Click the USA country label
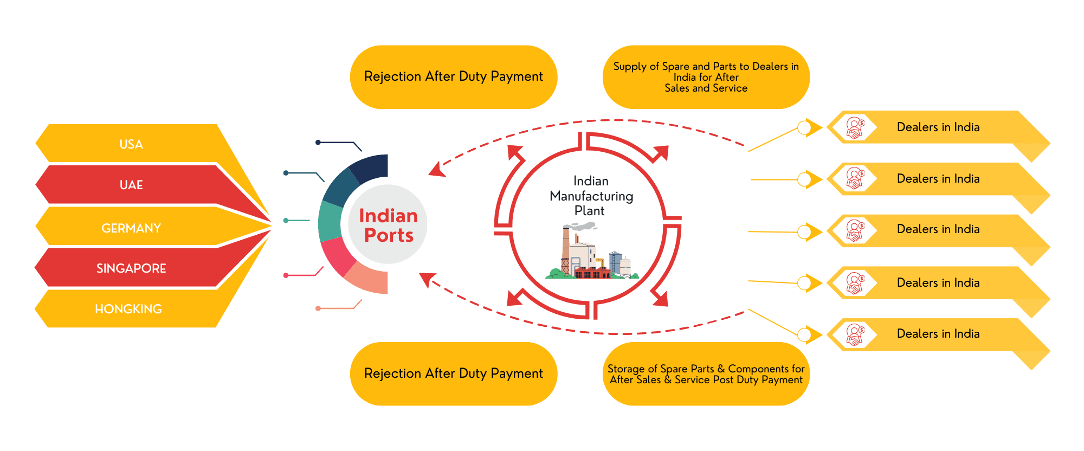[x=131, y=144]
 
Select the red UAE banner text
[x=131, y=185]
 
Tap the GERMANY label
[x=131, y=228]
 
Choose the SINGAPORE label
[x=131, y=268]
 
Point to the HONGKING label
[x=128, y=309]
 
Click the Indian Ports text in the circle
[x=388, y=225]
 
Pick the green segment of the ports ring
[x=330, y=222]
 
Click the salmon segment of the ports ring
[x=370, y=279]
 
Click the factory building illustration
[x=591, y=255]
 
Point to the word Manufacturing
[x=591, y=196]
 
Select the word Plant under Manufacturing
[x=589, y=211]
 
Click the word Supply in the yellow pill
[x=630, y=67]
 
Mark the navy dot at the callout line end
[x=318, y=143]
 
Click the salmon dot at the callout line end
[x=318, y=308]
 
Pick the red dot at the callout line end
[x=286, y=275]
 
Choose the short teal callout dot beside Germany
[x=286, y=221]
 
